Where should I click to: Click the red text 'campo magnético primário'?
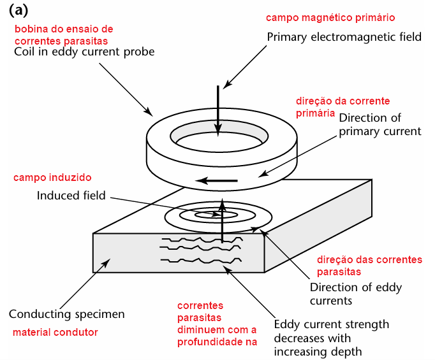coord(330,17)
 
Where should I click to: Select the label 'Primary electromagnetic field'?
coord(344,37)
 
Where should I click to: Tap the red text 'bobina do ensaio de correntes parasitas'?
coord(63,34)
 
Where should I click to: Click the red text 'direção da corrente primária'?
coord(342,107)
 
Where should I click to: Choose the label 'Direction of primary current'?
coord(380,125)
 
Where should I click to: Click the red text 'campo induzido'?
coord(52,177)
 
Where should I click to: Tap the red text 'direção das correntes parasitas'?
coord(369,265)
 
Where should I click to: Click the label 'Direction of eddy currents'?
coord(355,294)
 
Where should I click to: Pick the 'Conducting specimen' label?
coord(67,314)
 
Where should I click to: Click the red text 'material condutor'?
coord(55,333)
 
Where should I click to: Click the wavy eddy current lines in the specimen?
coord(202,250)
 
